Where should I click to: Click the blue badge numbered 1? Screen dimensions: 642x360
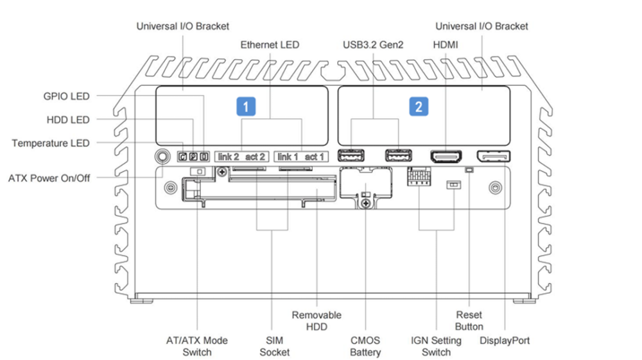[x=246, y=107]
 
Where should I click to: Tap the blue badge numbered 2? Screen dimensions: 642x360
[x=419, y=107]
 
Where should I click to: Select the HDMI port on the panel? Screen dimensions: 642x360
[x=446, y=157]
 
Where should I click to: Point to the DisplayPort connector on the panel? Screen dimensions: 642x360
[x=493, y=157]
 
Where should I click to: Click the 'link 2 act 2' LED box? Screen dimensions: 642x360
[x=241, y=157]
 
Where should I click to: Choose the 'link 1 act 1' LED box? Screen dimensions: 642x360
[x=301, y=157]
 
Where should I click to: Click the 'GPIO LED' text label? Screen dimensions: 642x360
[x=66, y=96]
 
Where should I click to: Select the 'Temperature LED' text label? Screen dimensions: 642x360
[x=50, y=143]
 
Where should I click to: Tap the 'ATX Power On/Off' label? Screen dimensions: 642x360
[x=49, y=178]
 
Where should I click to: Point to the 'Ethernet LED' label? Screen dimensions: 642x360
[x=270, y=44]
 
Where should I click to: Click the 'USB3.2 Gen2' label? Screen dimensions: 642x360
[x=373, y=44]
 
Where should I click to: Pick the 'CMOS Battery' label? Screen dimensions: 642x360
[x=365, y=346]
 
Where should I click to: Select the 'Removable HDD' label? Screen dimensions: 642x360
[x=317, y=321]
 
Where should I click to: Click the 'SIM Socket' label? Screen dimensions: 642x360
[x=274, y=346]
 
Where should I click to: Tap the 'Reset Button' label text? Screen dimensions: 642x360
[x=469, y=321]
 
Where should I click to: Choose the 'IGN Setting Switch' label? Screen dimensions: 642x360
[x=436, y=346]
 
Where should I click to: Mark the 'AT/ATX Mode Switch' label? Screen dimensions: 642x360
[x=197, y=346]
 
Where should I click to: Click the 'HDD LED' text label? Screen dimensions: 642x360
[x=68, y=120]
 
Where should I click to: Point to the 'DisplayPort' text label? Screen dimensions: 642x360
[x=505, y=340]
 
